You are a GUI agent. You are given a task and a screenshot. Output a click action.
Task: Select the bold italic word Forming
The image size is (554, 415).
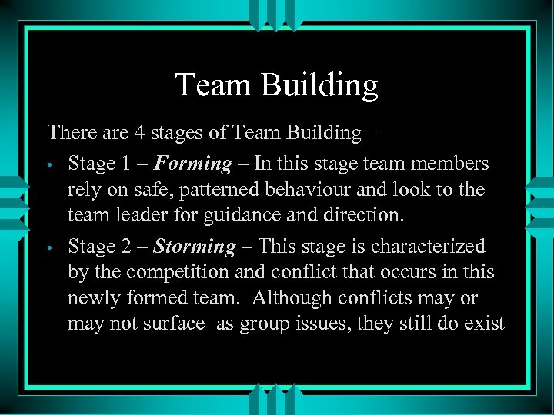click(193, 164)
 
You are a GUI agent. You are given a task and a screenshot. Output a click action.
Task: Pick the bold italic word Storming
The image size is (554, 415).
click(195, 247)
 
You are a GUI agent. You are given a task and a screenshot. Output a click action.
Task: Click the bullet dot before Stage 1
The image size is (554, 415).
click(48, 165)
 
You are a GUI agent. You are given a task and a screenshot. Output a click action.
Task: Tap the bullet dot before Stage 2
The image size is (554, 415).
click(48, 248)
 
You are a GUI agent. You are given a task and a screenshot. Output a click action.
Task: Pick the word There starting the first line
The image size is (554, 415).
click(70, 133)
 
